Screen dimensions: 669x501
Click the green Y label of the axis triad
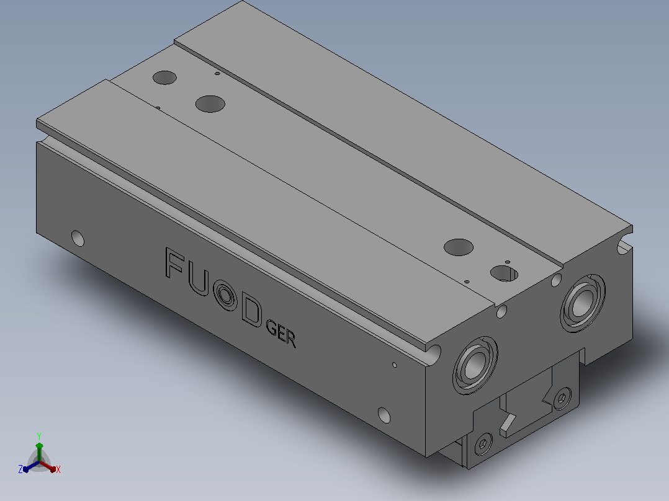tap(39, 436)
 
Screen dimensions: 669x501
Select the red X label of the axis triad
tap(58, 469)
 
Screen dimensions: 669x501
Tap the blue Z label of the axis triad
tap(20, 469)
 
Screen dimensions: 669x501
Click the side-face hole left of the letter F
tap(78, 238)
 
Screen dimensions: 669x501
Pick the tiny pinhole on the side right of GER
tap(394, 365)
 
